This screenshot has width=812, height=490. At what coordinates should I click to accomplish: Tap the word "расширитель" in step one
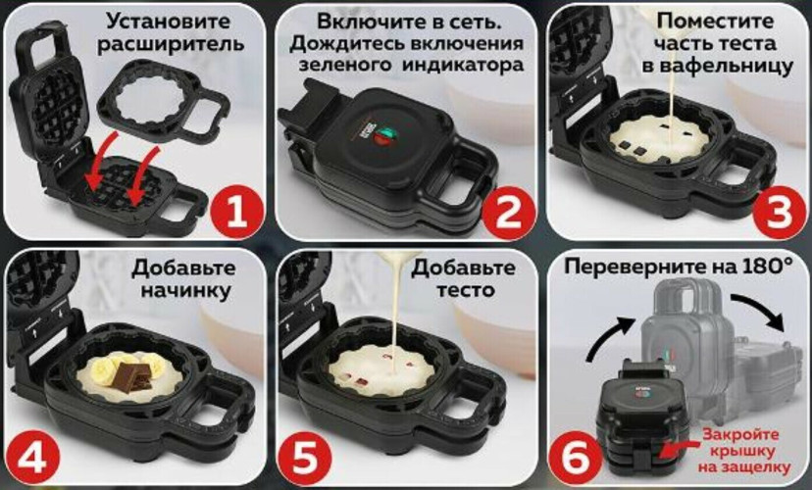[x=163, y=45]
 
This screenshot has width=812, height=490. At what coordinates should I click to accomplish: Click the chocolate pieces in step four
[x=133, y=375]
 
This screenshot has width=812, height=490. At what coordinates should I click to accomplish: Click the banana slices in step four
[x=103, y=370]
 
